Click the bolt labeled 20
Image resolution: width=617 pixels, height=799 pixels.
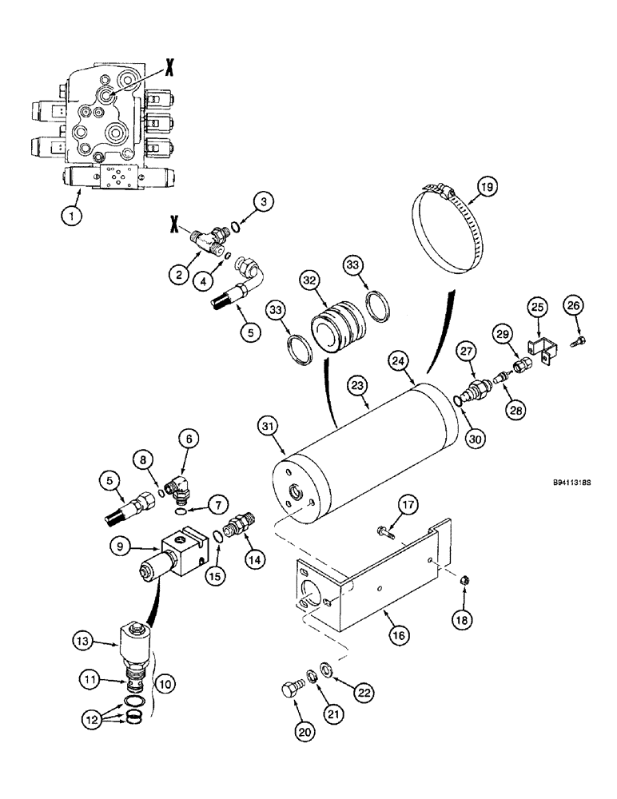click(292, 688)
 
